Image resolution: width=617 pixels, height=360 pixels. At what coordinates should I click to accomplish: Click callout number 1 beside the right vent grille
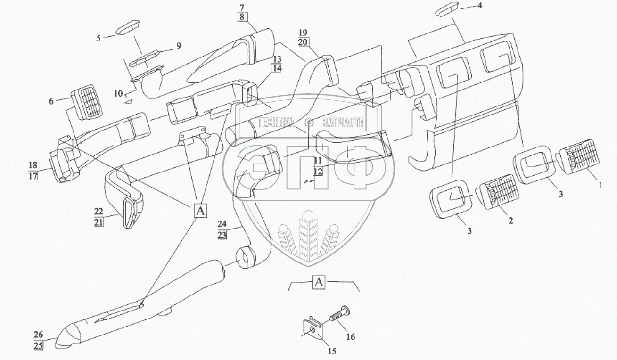coord(600,186)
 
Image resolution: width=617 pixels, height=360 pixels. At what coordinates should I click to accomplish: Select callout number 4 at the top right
coord(480,6)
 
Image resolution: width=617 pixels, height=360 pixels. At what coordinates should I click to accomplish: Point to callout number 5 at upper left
coord(99,38)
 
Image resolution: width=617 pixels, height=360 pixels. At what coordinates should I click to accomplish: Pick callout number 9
coord(178,46)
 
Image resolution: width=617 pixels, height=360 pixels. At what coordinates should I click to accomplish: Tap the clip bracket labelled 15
coord(311,329)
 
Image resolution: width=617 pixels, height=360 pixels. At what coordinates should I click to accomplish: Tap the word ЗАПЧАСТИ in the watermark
coord(344,123)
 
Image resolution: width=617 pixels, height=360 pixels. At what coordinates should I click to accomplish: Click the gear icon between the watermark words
coord(309,123)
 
